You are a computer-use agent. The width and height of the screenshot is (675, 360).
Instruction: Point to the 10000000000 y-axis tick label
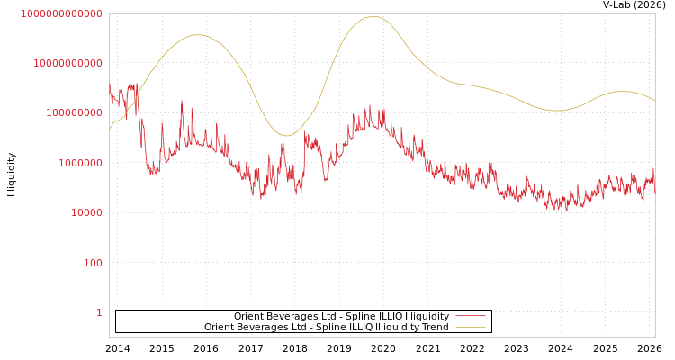click(67, 63)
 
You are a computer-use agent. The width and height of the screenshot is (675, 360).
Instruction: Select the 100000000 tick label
click(74, 113)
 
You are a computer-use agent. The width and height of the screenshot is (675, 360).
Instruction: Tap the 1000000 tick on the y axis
click(80, 163)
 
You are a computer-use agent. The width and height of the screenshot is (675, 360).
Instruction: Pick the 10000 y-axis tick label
click(86, 212)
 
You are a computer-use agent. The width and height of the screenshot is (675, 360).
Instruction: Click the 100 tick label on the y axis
click(93, 263)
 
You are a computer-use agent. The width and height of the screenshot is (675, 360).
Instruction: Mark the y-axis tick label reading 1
click(99, 312)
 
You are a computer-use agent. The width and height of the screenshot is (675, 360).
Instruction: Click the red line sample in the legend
click(471, 316)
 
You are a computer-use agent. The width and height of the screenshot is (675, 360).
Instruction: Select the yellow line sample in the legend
click(471, 327)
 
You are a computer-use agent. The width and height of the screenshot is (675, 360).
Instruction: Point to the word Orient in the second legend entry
click(220, 327)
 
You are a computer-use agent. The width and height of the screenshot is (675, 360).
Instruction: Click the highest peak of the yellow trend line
click(373, 16)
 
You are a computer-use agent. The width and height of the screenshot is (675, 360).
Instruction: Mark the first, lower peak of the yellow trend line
click(198, 35)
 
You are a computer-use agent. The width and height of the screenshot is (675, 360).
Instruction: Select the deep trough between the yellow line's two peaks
click(287, 136)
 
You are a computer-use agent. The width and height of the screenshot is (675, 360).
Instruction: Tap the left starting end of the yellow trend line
click(110, 129)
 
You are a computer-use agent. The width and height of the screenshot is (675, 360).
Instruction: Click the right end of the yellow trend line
click(655, 101)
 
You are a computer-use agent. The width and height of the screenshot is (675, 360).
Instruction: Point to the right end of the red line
click(655, 191)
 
